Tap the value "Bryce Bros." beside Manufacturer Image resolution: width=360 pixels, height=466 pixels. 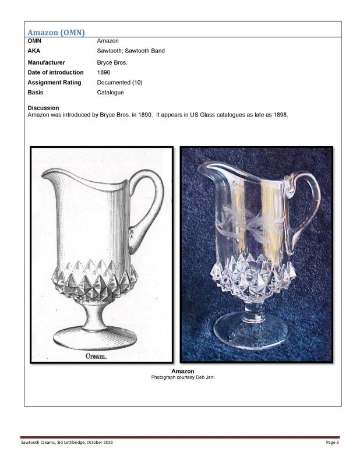pyautogui.click(x=112, y=62)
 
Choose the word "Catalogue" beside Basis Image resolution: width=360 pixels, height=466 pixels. pyautogui.click(x=110, y=92)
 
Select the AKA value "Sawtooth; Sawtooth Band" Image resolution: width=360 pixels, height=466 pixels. pyautogui.click(x=130, y=51)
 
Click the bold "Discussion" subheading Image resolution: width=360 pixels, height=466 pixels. pyautogui.click(x=43, y=108)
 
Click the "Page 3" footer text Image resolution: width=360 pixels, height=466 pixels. pyautogui.click(x=332, y=443)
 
